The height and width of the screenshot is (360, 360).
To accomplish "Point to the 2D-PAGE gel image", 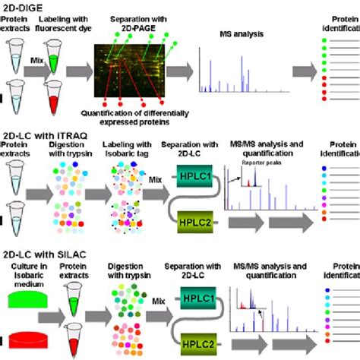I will pyautogui.click(x=131, y=71).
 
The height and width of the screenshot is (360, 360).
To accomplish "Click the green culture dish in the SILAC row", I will pyautogui.click(x=24, y=301).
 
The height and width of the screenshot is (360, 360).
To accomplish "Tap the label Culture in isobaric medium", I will pyautogui.click(x=24, y=270).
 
